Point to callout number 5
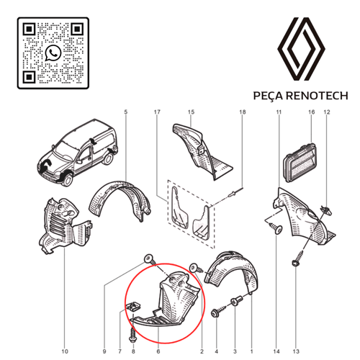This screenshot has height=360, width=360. click(125, 112)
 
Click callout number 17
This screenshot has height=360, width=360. click(156, 112)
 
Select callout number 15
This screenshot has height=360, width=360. click(192, 112)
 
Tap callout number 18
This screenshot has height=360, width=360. click(242, 112)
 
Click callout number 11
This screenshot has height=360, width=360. click(279, 112)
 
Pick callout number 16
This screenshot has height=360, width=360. click(312, 112)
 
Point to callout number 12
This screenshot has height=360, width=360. click(326, 112)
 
